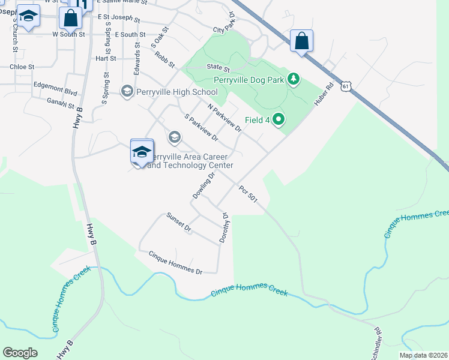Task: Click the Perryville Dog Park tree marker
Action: [x=294, y=79]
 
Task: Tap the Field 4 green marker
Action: [x=278, y=120]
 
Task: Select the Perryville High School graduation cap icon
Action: [x=127, y=92]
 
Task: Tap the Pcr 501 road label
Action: [x=248, y=195]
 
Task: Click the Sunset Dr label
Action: [x=178, y=223]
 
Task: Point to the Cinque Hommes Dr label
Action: [x=175, y=263]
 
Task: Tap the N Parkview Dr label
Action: [x=224, y=117]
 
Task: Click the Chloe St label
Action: [x=22, y=67]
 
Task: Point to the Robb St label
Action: [x=164, y=59]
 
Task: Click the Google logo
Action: [x=20, y=353]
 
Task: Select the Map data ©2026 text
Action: [x=423, y=355]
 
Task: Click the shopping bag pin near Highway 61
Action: [x=301, y=41]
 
